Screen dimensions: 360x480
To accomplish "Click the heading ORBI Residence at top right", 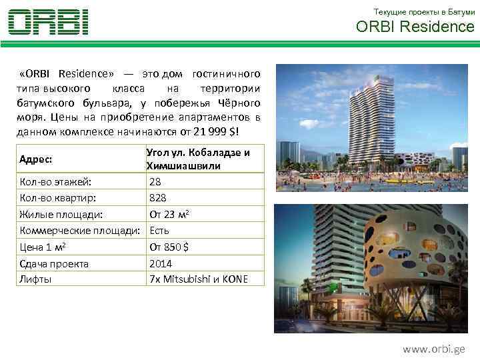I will click(x=415, y=27).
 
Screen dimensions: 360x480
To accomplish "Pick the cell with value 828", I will click(x=158, y=198).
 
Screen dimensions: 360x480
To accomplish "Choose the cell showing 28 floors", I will click(x=155, y=181).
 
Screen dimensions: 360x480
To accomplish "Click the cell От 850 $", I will click(x=169, y=247).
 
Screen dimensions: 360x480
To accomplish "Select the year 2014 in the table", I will click(x=161, y=263).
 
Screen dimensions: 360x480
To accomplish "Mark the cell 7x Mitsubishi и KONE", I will click(x=198, y=279).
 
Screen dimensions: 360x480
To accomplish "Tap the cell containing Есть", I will click(x=159, y=231).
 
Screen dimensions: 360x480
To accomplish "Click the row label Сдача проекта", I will click(x=54, y=263).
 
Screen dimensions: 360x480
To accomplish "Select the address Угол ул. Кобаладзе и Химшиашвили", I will click(x=198, y=159).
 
